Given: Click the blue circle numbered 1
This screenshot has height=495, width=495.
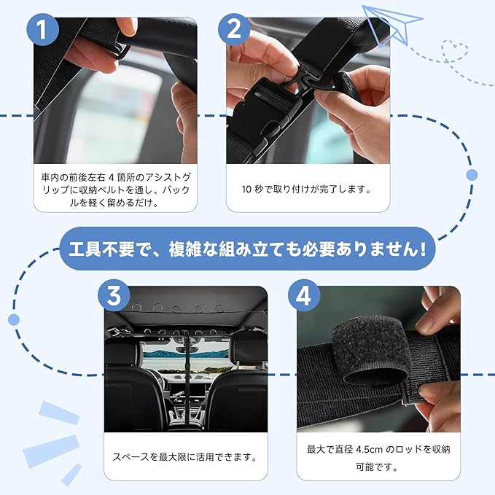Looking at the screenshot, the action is [x=42, y=30].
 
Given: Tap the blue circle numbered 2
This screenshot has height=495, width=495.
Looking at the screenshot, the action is [x=234, y=30].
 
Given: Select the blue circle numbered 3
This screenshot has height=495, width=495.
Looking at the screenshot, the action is [x=114, y=295].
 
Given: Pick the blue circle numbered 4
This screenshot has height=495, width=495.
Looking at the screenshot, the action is [x=304, y=295].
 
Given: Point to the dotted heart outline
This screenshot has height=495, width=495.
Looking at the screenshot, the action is [x=455, y=50].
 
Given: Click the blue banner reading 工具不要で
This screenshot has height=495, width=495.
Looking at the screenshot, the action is [x=248, y=249].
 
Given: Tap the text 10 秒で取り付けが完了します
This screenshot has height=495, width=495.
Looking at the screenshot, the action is [x=306, y=189].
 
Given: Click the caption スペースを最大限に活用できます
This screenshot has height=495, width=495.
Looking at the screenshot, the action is [x=185, y=457].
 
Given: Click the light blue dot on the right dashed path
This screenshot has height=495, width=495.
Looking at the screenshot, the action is [x=472, y=174].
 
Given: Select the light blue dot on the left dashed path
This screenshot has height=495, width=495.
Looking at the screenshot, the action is [x=14, y=319].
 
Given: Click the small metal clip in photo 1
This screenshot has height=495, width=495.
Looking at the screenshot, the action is [x=119, y=50].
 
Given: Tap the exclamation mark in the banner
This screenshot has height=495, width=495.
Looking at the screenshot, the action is [x=422, y=249].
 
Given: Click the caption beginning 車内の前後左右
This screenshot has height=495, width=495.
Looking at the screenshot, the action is [x=115, y=190].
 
